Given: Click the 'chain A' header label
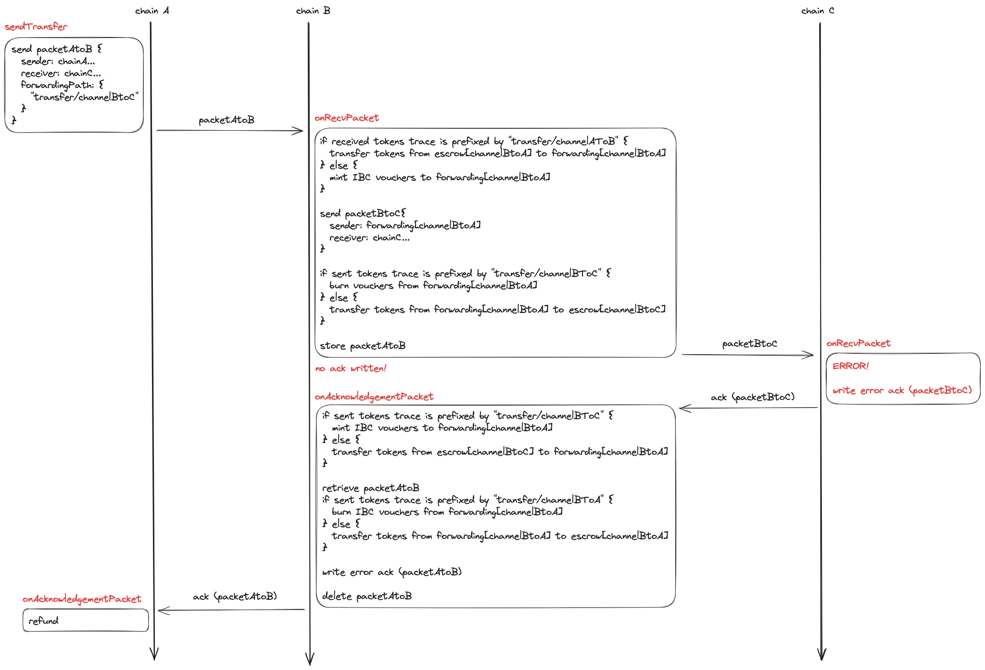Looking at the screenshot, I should click(x=152, y=11).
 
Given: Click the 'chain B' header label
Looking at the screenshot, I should click(x=313, y=11).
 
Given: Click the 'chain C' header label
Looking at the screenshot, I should click(x=818, y=11).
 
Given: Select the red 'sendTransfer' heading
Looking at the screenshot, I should click(x=36, y=27).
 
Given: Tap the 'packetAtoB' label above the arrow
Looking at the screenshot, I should click(x=227, y=120).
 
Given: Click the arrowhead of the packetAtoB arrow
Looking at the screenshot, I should click(x=300, y=131).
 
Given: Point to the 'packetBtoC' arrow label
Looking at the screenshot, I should click(x=749, y=344).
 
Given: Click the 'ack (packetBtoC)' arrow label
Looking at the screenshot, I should click(x=752, y=397).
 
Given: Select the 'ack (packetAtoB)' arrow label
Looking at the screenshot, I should click(x=235, y=596).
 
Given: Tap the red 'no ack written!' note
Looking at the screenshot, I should click(x=351, y=369).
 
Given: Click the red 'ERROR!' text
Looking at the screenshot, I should click(x=850, y=366).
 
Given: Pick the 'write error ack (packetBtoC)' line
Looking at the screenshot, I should click(x=902, y=391).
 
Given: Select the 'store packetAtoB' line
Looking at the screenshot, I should click(x=363, y=346).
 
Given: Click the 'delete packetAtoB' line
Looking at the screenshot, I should click(x=367, y=596).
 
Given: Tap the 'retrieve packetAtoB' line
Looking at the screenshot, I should click(x=370, y=488).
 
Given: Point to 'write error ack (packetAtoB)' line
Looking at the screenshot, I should click(x=391, y=572).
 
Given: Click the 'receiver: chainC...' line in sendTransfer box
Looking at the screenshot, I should click(x=61, y=74).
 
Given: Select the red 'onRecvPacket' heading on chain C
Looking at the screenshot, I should click(x=859, y=344).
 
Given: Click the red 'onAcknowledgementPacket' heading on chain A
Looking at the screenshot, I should click(x=82, y=599).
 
